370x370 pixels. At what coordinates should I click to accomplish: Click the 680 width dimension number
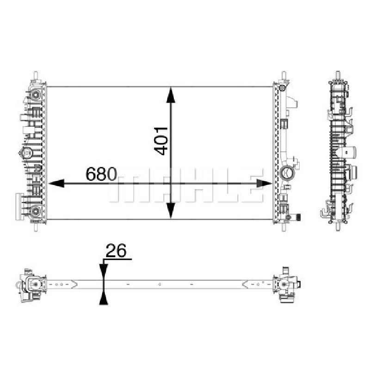point(101,174)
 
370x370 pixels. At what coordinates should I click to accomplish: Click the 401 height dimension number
point(160,141)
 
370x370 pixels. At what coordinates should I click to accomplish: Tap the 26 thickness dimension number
point(116,251)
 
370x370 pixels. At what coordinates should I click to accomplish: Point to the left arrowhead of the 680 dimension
point(56,183)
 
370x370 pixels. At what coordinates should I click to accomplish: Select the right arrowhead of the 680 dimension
point(264,183)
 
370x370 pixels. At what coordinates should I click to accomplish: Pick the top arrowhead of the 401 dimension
point(171,95)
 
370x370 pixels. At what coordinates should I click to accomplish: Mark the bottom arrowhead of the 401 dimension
point(171,211)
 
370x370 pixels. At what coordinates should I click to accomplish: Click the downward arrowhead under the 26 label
point(104,272)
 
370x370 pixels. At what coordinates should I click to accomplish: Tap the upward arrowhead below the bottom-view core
point(104,297)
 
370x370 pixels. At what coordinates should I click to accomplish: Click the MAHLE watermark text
point(186,185)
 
